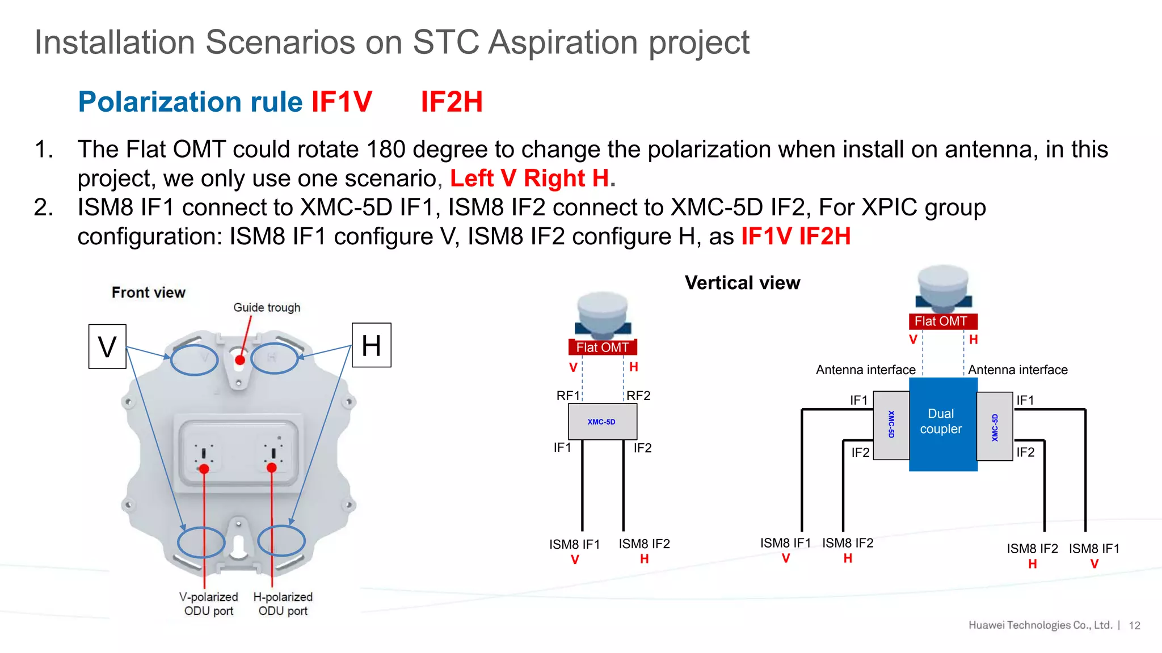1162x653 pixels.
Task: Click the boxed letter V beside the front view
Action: [x=107, y=346]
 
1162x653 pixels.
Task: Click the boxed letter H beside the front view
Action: [x=371, y=345]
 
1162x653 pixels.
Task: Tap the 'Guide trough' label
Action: [x=267, y=307]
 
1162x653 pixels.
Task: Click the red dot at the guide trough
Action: [x=240, y=360]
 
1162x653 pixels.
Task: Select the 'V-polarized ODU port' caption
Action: [x=208, y=604]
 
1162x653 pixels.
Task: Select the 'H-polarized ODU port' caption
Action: [x=283, y=604]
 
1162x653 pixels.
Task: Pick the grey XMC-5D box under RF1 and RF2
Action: [x=602, y=422]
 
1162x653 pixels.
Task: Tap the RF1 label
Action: [x=567, y=395]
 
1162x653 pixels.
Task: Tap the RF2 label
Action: [x=638, y=395]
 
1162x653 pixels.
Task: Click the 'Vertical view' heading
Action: [x=742, y=282]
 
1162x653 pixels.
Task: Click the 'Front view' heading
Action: [x=148, y=292]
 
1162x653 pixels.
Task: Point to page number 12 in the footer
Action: [x=1134, y=625]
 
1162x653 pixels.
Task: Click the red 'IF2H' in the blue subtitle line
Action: [x=451, y=102]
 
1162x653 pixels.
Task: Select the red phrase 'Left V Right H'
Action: [x=529, y=179]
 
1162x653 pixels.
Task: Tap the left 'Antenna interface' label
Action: [x=865, y=370]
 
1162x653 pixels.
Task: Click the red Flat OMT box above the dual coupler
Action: [x=942, y=321]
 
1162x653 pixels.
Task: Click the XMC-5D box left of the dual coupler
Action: [x=891, y=425]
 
